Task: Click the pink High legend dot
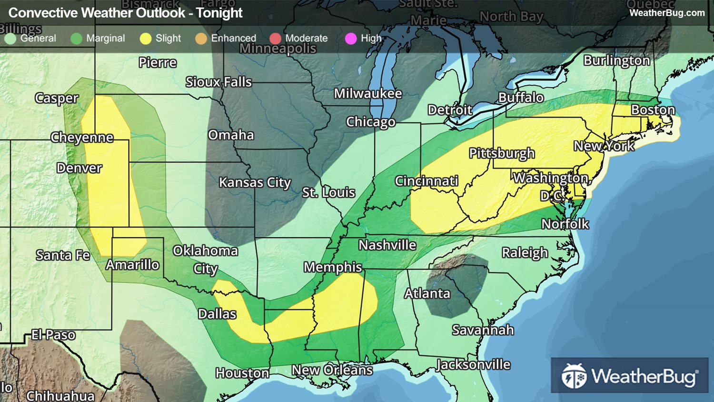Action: coord(350,39)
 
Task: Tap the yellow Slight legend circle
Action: coord(145,39)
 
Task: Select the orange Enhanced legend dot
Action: coord(201,39)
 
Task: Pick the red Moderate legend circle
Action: coord(275,39)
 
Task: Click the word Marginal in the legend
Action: coord(105,38)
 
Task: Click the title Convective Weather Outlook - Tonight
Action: coord(126,13)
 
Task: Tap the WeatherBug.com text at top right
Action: coord(667,13)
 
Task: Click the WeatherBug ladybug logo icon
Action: coord(574,376)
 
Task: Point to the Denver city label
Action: coord(79,168)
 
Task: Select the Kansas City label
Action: coord(255,182)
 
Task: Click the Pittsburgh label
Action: coord(502,153)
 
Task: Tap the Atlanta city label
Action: coord(427,293)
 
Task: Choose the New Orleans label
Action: coord(332,370)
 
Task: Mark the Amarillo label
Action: coord(132,265)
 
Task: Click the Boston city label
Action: coord(653,110)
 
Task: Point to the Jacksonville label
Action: coord(473,365)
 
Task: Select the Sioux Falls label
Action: coord(218,82)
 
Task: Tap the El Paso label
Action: coord(53,335)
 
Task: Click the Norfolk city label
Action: coord(565,224)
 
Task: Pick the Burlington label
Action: coord(616,60)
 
